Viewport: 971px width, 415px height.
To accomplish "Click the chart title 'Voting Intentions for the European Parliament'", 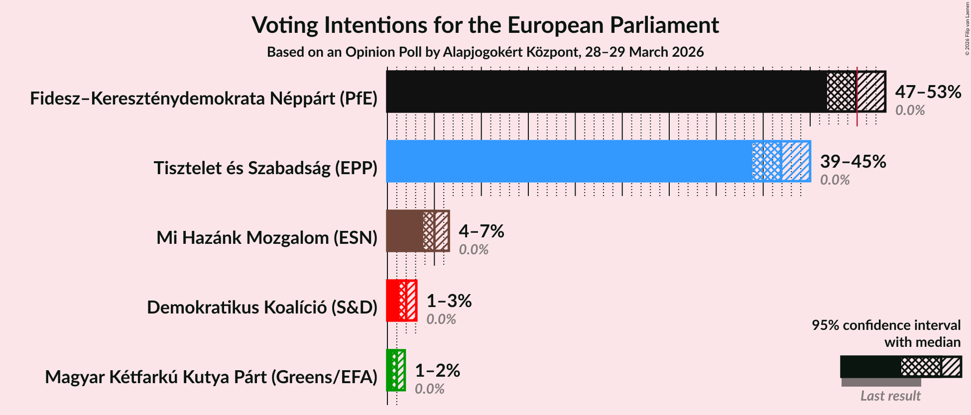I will (485, 25).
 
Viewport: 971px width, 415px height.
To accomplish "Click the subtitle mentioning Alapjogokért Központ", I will (485, 52).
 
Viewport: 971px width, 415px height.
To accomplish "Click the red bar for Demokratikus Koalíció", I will (393, 301).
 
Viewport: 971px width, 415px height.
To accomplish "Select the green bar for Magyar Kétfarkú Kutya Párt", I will (390, 370).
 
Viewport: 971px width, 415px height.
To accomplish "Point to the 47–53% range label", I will (928, 92).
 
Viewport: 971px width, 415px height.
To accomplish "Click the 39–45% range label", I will (853, 162).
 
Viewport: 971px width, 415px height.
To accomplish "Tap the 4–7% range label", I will (481, 231).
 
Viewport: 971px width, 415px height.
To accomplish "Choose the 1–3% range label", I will (449, 301).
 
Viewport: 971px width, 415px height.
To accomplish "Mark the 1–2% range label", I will (437, 371).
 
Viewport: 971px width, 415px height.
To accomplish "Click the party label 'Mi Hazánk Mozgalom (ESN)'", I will (267, 238).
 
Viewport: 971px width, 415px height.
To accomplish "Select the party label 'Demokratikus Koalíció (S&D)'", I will (262, 308).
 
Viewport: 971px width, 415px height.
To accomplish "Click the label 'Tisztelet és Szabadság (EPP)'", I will (265, 168).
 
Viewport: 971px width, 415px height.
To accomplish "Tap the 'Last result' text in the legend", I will (890, 396).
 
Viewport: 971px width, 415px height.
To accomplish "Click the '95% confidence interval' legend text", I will (886, 325).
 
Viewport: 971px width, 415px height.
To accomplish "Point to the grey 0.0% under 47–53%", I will (910, 110).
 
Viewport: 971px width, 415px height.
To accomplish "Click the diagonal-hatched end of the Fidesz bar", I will (871, 92).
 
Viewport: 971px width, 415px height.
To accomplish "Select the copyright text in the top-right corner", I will (967, 28).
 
